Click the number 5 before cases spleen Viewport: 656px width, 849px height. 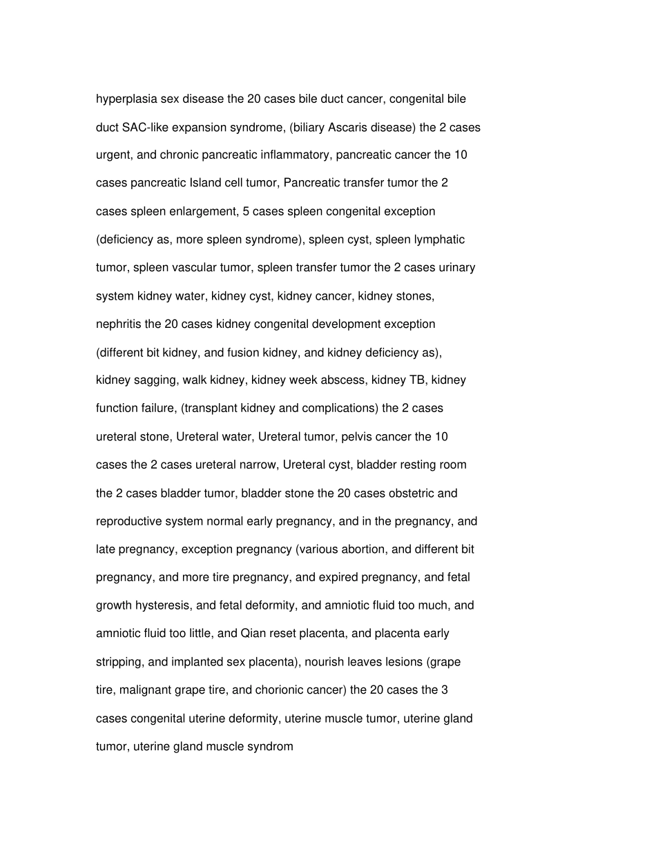(246, 211)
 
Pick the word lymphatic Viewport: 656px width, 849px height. (439, 240)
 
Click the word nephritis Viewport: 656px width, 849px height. (118, 324)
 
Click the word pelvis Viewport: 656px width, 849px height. (358, 436)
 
